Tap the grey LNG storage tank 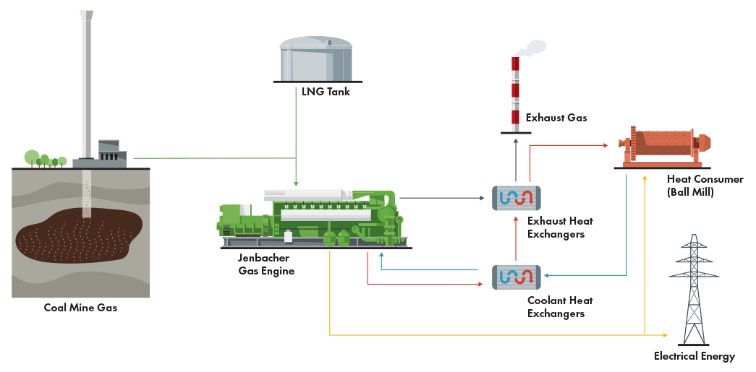pos(317,60)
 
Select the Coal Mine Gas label pos(80,308)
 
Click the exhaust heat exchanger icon pos(517,198)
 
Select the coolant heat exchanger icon pos(517,277)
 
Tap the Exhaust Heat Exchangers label pos(556,228)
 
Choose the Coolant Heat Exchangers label pos(556,307)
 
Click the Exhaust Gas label pos(556,117)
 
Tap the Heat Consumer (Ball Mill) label pos(705,185)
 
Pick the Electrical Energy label pos(694,356)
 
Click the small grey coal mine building pos(109,151)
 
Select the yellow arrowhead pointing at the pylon pos(665,335)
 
